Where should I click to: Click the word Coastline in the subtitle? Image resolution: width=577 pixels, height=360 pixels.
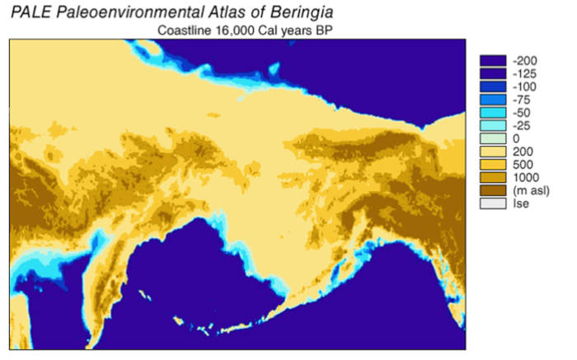pyautogui.click(x=185, y=31)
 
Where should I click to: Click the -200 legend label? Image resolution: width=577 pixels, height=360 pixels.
pyautogui.click(x=525, y=61)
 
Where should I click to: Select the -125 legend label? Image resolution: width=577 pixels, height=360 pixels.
pyautogui.click(x=525, y=74)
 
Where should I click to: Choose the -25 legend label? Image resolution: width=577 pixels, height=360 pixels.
pyautogui.click(x=523, y=126)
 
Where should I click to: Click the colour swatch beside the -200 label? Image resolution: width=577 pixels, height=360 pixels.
pyautogui.click(x=492, y=61)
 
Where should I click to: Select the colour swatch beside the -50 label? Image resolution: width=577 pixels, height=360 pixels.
pyautogui.click(x=492, y=113)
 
